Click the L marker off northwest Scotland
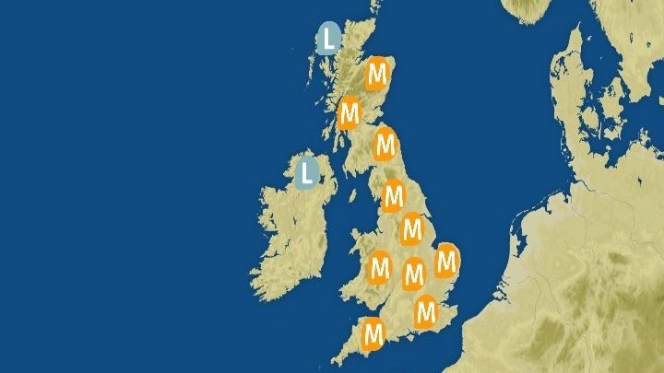328,39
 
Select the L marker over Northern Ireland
307,171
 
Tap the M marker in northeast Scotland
375,74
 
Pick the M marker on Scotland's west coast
349,115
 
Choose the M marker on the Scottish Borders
385,145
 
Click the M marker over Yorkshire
394,196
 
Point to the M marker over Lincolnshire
411,229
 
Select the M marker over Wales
380,269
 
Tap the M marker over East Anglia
446,261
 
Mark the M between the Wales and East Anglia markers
414,273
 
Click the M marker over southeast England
425,312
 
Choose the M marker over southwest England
373,333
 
